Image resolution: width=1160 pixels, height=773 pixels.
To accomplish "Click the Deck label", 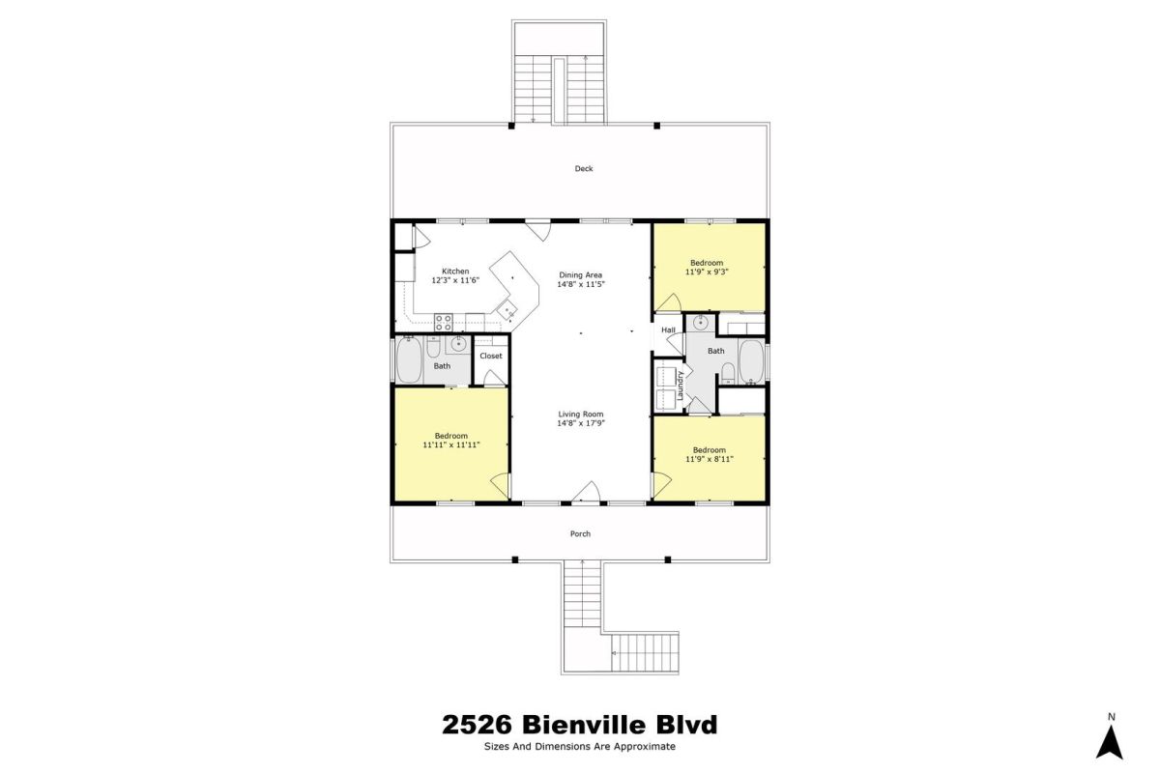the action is tap(584, 168).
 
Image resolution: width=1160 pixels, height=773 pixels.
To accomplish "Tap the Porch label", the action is tap(580, 533).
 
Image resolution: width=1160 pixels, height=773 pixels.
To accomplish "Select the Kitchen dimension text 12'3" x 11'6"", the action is tap(455, 280).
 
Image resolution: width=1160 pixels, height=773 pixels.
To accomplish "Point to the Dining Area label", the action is tap(581, 275).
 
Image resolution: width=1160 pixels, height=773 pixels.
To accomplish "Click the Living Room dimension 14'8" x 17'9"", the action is tap(581, 423).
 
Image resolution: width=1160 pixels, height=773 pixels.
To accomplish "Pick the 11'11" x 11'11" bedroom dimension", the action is tap(451, 444).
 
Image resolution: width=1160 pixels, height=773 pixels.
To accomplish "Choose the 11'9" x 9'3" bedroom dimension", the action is tap(707, 272).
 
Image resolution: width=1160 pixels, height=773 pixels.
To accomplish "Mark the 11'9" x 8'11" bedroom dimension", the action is tap(709, 459).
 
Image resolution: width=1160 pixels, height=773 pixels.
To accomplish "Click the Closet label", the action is tap(491, 356).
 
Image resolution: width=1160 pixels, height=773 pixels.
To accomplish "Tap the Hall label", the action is tap(668, 329).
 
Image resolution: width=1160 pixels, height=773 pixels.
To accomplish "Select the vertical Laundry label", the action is tap(681, 385).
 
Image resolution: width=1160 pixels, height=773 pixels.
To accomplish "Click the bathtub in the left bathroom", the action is tap(409, 360).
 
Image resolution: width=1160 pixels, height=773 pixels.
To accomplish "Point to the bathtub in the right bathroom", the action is tap(751, 361).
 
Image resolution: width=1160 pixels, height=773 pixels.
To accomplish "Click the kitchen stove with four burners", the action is tap(444, 323).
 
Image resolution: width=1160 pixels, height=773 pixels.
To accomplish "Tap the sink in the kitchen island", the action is tap(507, 309).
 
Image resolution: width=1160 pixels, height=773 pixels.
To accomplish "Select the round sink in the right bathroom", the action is tap(701, 323).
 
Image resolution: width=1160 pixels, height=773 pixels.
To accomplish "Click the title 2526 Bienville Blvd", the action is tap(579, 725).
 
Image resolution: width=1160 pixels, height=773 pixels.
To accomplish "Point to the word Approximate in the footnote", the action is tap(645, 747).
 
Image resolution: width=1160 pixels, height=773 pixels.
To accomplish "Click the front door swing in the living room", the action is tap(586, 492).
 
